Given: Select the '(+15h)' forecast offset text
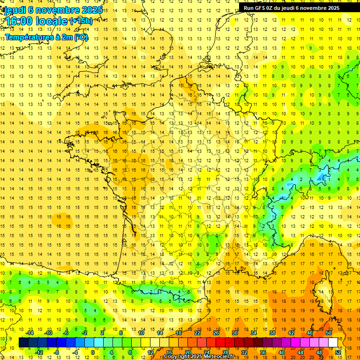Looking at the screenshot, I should point(81,21).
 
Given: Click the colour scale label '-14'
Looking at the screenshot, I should point(30,333).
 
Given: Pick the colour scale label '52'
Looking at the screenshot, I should point(338,352).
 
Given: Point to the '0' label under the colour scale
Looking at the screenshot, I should point(93,352).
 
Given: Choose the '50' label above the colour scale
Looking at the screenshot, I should point(329,333).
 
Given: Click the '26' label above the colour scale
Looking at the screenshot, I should point(216,333).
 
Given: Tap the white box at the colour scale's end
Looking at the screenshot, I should point(333,342).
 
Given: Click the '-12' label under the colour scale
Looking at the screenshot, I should point(39,352).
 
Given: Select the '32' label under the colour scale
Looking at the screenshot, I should point(244,352).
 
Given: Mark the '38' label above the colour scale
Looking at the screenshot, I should point(272,333).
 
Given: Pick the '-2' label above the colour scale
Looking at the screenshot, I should point(85,333).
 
